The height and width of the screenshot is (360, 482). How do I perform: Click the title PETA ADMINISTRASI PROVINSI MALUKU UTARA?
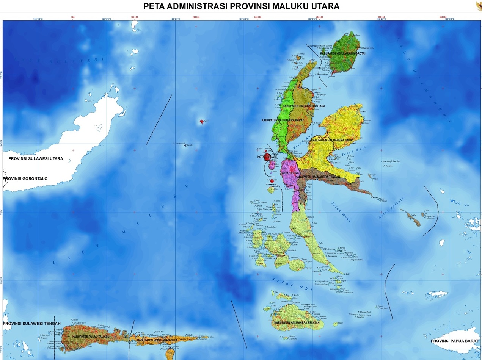tap(241, 6)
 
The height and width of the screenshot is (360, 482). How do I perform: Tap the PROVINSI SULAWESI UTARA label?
tap(36, 159)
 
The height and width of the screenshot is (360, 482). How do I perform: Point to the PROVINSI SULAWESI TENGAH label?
tap(31, 323)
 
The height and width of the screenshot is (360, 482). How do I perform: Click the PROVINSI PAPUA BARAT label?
tap(454, 341)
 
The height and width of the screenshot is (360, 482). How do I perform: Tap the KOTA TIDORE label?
tap(290, 173)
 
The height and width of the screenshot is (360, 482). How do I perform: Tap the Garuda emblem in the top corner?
tap(479, 5)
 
